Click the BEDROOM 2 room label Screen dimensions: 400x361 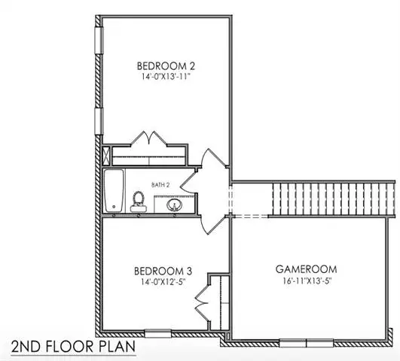click(x=166, y=66)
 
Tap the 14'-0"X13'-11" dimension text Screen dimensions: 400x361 click(x=166, y=77)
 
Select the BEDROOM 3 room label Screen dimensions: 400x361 click(x=163, y=271)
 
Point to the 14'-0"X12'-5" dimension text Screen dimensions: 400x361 click(x=163, y=282)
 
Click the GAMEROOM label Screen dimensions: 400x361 click(x=306, y=269)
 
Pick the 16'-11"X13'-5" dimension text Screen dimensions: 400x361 click(x=307, y=281)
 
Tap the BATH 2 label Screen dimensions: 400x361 click(x=160, y=185)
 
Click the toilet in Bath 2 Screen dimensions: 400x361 click(x=139, y=202)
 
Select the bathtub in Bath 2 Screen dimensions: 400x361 click(x=114, y=190)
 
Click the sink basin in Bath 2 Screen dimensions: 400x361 click(x=174, y=205)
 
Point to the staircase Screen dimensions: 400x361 click(x=334, y=199)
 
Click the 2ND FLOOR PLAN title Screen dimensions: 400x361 click(x=73, y=347)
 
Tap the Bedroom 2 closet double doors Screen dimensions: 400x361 click(x=149, y=138)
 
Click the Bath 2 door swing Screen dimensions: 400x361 click(x=188, y=182)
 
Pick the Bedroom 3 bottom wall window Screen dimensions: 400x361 click(x=158, y=333)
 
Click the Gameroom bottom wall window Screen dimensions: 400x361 click(x=306, y=343)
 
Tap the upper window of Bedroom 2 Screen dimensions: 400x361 click(x=99, y=40)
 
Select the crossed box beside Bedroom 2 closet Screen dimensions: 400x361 click(x=106, y=156)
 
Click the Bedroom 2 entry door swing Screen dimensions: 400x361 click(x=213, y=159)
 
